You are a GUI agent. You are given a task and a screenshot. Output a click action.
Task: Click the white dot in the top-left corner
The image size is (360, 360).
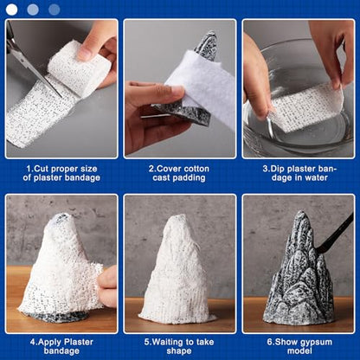point(11,10)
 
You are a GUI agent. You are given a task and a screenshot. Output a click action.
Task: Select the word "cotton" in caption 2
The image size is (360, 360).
point(196,169)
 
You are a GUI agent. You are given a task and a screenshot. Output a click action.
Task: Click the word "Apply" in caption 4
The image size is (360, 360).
point(50,342)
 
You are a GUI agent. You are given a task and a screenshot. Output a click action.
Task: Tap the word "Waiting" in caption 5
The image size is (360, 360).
point(169,342)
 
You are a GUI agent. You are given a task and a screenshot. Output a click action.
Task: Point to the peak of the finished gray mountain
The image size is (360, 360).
point(301,212)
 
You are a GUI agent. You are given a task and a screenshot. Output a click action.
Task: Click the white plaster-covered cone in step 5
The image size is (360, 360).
point(177,269)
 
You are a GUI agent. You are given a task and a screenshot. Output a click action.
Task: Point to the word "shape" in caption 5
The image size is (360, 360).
point(179,351)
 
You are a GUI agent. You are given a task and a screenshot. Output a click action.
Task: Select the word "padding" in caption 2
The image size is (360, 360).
point(189,178)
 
